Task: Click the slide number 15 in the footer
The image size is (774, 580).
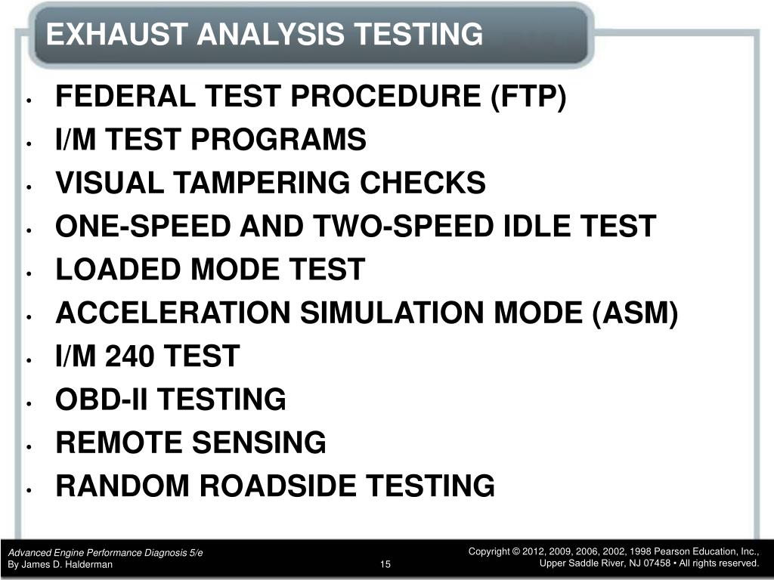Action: [385, 565]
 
